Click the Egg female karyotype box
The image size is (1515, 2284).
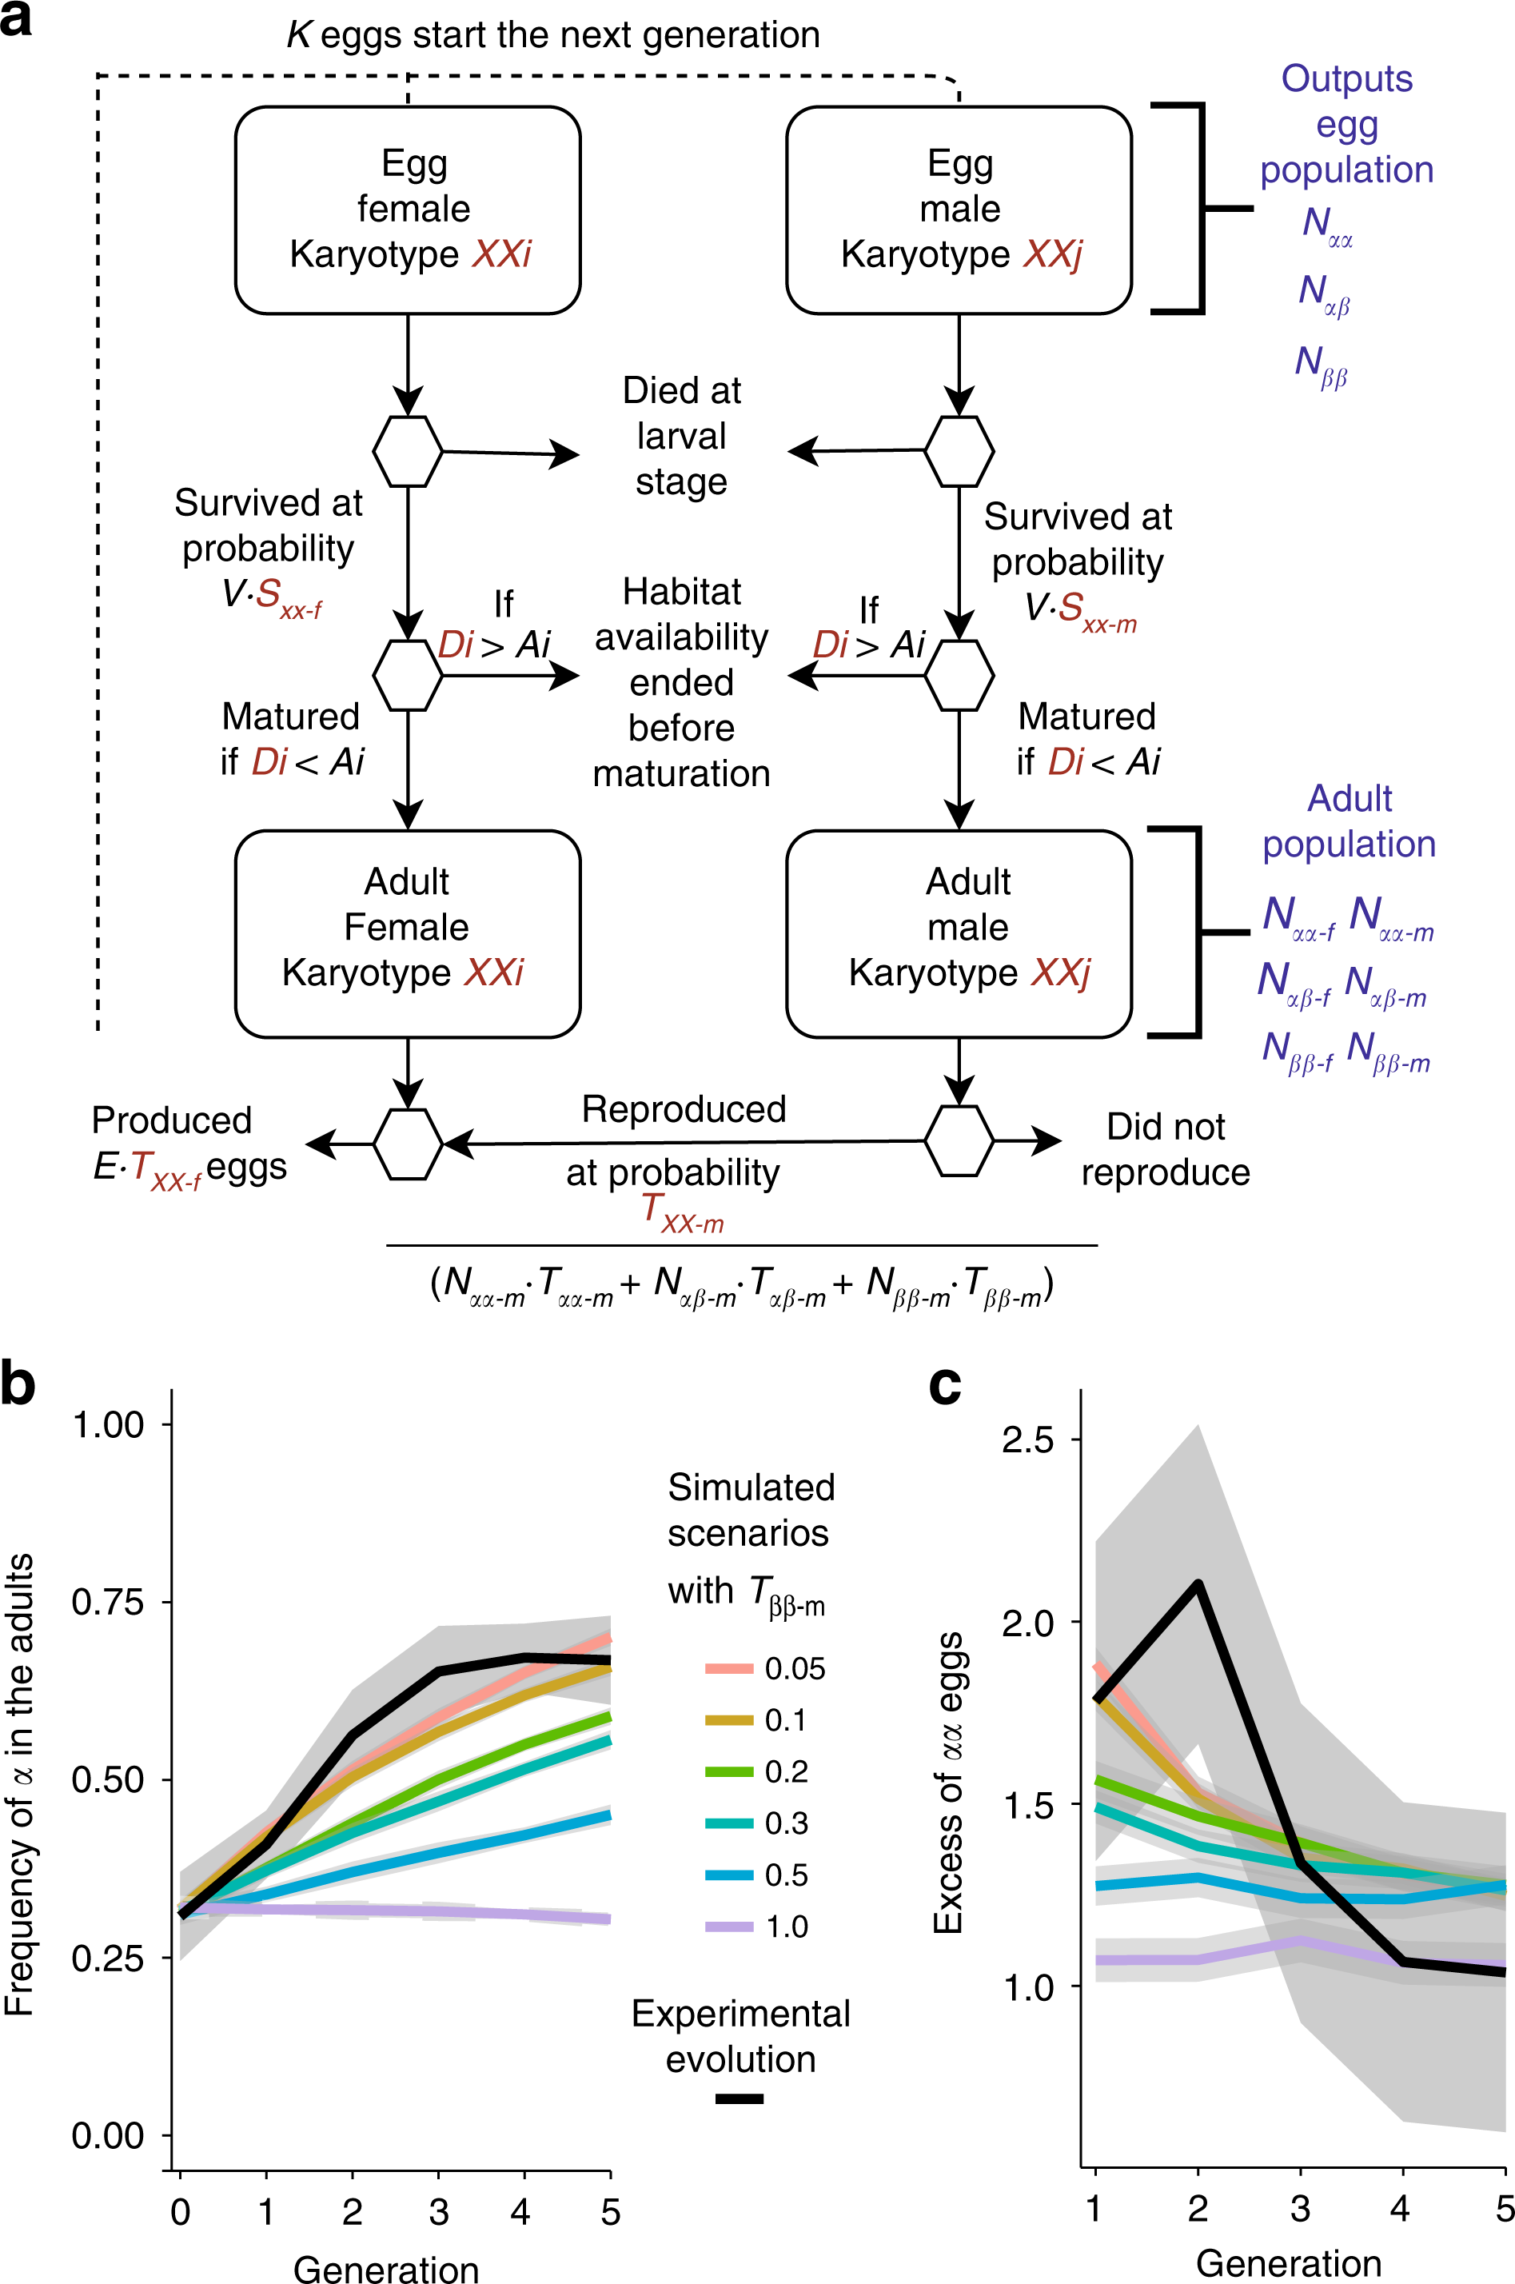coord(407,210)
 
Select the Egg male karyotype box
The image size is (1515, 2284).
coord(958,210)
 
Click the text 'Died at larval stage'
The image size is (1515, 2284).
coord(681,436)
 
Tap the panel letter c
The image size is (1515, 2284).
coord(944,1385)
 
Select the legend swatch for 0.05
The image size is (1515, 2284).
coord(728,1668)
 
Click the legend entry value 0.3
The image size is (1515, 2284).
coord(786,1823)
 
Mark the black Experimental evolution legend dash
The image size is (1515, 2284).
coord(740,2098)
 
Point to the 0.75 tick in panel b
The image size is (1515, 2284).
coord(108,1602)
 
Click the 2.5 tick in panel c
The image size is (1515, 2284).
coord(1028,1440)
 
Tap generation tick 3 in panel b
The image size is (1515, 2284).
coord(439,2211)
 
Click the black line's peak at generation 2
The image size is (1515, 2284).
coord(1198,1583)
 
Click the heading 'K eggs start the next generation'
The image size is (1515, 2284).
coord(552,35)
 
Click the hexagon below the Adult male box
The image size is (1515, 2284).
coord(958,1141)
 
